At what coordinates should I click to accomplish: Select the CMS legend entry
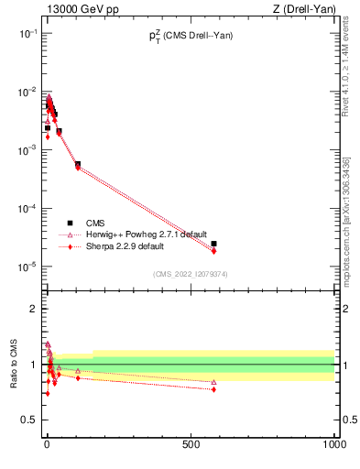(x=95, y=223)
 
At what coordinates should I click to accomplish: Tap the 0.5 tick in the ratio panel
(x=30, y=420)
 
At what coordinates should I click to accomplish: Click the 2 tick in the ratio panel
(x=34, y=309)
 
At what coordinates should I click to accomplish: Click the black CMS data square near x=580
(x=213, y=244)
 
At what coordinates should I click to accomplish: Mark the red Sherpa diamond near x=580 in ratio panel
(x=213, y=389)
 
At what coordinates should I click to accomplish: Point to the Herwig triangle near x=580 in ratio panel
(x=213, y=382)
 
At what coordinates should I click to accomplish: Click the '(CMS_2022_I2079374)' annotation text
(x=190, y=274)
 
